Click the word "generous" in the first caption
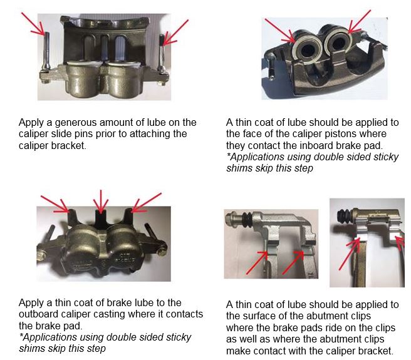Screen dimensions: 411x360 [76, 123]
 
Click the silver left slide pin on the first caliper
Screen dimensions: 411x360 [46, 52]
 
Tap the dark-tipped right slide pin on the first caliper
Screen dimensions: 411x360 [162, 53]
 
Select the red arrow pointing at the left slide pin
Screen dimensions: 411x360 [33, 24]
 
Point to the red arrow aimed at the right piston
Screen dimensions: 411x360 [360, 22]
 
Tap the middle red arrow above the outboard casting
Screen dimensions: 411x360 [101, 201]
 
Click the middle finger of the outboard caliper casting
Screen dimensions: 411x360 [101, 218]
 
